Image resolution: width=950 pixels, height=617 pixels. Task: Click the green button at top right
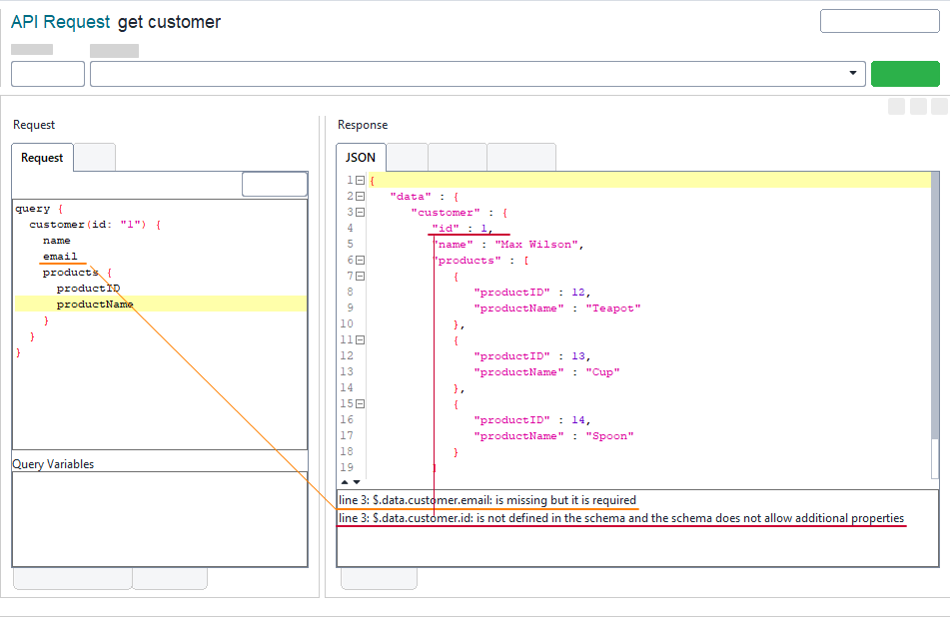[905, 74]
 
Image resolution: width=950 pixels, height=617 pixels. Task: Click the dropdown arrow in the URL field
[853, 74]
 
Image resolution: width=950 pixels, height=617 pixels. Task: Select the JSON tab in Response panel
[361, 158]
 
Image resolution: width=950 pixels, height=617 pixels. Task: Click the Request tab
[42, 158]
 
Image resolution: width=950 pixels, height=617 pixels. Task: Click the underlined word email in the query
[60, 257]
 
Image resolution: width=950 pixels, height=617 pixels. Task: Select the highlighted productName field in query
[95, 305]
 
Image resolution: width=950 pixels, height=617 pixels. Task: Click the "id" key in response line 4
[446, 229]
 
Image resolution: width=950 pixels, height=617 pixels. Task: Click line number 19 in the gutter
[347, 468]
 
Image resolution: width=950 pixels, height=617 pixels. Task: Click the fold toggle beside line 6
[360, 261]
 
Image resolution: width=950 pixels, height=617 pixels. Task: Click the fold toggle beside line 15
[360, 404]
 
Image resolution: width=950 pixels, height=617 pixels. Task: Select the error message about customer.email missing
[487, 500]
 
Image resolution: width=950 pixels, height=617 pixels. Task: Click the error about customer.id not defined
[620, 518]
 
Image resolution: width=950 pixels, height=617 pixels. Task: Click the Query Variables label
[53, 464]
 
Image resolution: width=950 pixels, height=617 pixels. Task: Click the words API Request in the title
[60, 22]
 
